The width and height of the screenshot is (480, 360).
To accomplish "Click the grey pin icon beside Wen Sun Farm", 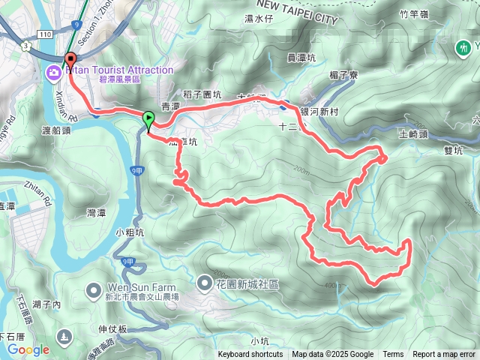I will click(94, 289).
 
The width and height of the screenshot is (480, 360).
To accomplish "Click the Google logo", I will click(28, 349).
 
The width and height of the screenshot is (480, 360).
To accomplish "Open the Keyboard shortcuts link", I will click(250, 355).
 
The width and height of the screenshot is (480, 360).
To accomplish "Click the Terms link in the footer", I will click(393, 355).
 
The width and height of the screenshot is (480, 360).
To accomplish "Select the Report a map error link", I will click(443, 355).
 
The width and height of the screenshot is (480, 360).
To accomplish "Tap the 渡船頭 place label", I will click(57, 129).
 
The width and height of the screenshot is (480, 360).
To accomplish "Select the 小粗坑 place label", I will click(129, 232).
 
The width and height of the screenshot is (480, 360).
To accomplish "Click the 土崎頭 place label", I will click(412, 134).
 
